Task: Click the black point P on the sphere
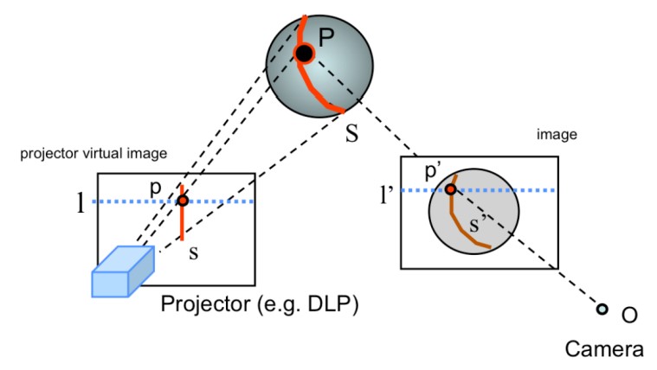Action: coord(304,54)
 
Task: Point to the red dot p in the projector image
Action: coord(183,201)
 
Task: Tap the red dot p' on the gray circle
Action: coord(450,189)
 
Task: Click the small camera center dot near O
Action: coord(602,309)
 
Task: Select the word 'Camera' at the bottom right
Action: coord(602,348)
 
